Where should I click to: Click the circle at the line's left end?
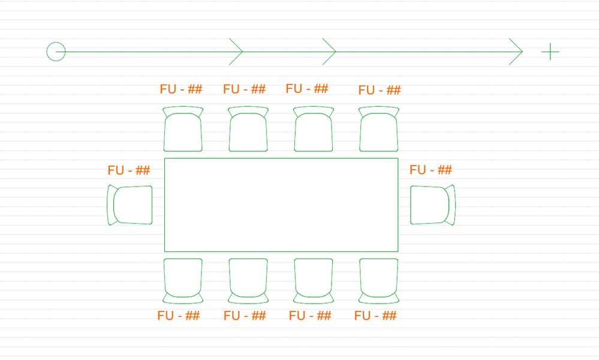click(x=56, y=52)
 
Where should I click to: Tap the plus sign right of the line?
click(x=550, y=52)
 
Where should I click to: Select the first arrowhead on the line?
click(x=236, y=52)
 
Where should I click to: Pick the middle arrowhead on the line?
click(x=330, y=52)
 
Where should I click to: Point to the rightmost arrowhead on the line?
click(x=516, y=52)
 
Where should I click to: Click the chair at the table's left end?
click(x=130, y=205)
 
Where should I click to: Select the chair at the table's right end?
click(x=433, y=205)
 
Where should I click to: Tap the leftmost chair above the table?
click(x=183, y=129)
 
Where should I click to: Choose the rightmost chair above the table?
click(x=379, y=129)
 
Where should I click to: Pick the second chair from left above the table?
click(x=248, y=129)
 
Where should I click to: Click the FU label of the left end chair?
click(x=129, y=170)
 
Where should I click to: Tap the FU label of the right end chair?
click(x=431, y=170)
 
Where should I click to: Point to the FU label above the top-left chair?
click(x=181, y=89)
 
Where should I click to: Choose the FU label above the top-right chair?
click(x=380, y=91)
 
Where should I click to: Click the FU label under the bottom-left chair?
click(x=179, y=316)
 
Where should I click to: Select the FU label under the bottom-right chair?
click(x=375, y=316)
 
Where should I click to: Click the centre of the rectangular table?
click(x=281, y=205)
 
